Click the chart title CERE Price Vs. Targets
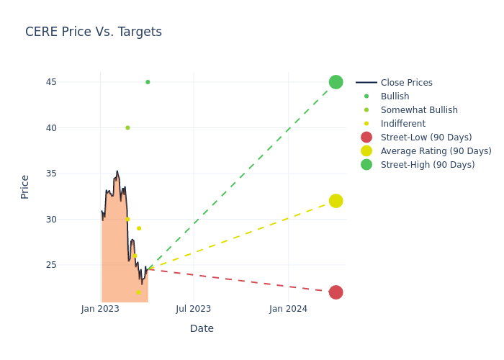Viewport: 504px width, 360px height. (94, 32)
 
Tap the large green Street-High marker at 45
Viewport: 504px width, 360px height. (336, 82)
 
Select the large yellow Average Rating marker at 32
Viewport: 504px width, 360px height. (336, 201)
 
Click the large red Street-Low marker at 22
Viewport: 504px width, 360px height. (336, 292)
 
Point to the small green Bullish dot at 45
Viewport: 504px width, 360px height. (148, 82)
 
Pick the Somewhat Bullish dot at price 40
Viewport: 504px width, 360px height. (127, 127)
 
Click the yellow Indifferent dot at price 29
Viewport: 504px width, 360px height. (139, 228)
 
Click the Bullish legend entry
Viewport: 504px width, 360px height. (395, 96)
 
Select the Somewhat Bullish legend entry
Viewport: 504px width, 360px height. (419, 110)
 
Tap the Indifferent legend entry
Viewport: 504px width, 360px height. (402, 124)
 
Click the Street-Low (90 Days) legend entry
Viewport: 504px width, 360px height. (426, 138)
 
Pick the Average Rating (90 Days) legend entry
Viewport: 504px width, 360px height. (436, 151)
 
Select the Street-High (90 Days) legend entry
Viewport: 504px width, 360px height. (427, 165)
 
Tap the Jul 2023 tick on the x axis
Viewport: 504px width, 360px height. (194, 309)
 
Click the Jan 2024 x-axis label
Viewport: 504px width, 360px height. (288, 309)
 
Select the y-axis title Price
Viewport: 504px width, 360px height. (25, 186)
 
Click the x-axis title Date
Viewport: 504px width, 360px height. (202, 328)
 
